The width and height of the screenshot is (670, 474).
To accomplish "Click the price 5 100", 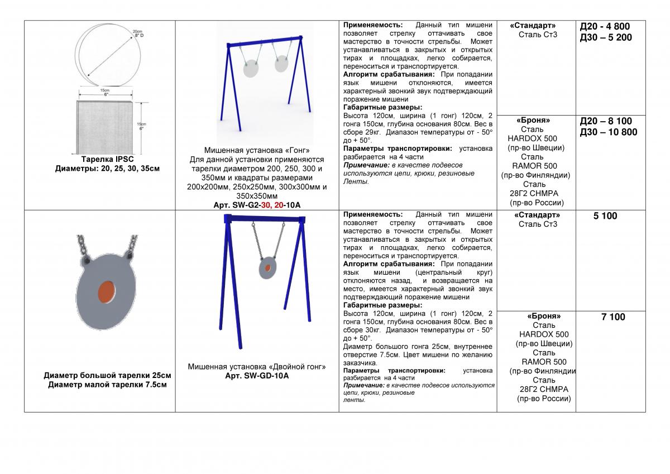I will [x=605, y=216].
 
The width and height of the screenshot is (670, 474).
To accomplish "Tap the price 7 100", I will [x=613, y=317].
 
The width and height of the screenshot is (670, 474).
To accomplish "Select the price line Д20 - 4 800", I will [x=605, y=26].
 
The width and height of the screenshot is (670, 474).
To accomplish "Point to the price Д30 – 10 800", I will [x=609, y=132].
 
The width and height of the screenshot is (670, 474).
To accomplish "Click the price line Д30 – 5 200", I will [x=606, y=37].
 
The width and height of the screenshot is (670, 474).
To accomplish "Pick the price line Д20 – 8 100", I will [x=606, y=121].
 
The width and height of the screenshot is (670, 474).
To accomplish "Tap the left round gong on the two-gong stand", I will [x=251, y=69].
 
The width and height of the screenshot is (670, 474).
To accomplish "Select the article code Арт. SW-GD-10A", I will [x=256, y=376].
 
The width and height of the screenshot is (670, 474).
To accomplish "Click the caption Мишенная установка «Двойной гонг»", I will [x=256, y=367].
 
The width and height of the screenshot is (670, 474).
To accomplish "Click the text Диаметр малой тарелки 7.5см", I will [x=107, y=384].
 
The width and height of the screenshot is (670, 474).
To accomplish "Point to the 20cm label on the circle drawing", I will [x=136, y=31].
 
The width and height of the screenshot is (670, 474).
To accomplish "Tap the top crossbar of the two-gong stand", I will [x=264, y=41].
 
